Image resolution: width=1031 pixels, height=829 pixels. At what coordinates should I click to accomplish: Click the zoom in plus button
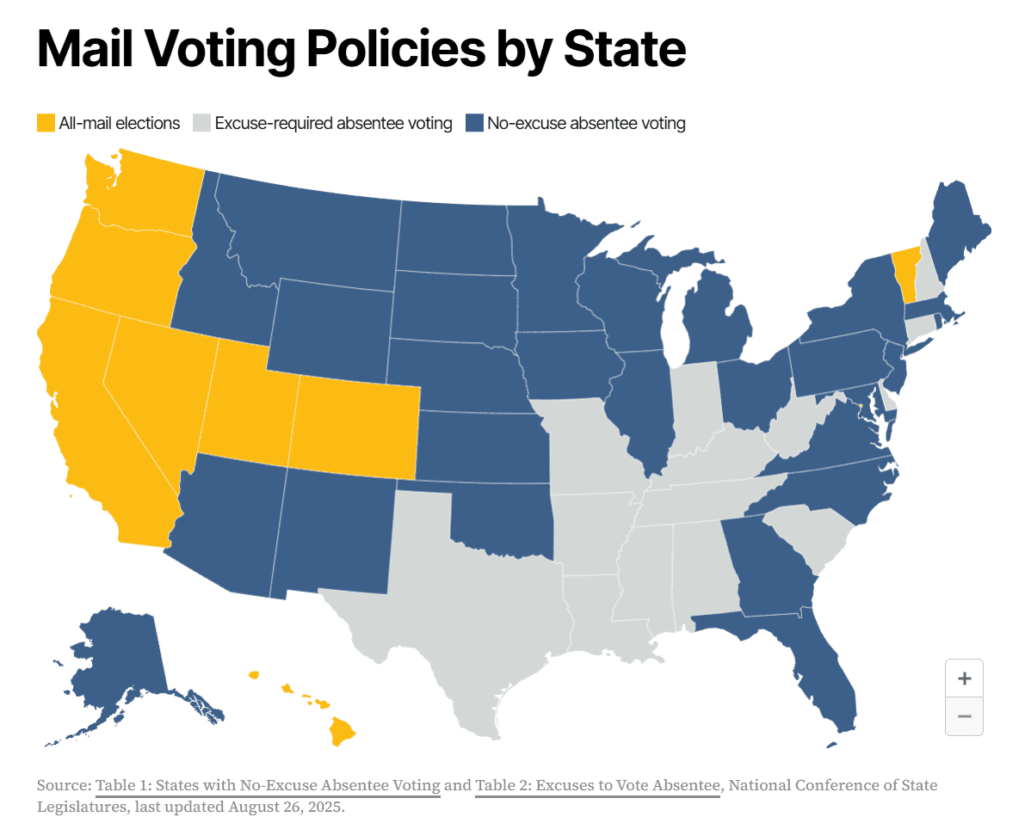point(964,678)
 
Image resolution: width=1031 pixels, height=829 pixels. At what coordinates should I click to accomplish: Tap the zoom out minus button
point(964,716)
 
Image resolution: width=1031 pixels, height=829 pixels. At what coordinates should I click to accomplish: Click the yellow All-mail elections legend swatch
point(46,123)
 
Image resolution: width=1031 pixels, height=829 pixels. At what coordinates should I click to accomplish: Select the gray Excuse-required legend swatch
point(202,123)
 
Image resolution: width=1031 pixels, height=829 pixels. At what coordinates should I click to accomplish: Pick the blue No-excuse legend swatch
point(474,123)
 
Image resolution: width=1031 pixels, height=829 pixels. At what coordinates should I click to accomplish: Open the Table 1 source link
point(268,785)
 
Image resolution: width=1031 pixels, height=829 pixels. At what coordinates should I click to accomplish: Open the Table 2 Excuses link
point(598,785)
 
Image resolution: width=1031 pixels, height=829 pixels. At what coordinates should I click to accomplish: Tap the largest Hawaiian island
point(342,731)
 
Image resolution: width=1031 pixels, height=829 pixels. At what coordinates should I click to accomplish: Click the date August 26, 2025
point(286,807)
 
